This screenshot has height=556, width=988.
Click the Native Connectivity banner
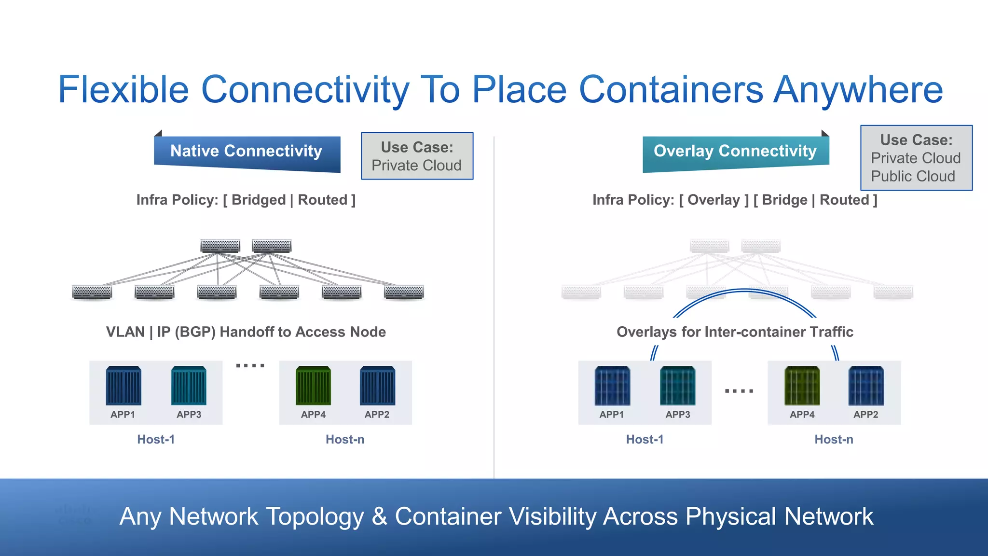247,152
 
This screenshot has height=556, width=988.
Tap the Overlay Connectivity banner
735,152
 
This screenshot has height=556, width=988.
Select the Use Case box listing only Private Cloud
417,156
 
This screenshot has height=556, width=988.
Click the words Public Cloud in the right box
913,176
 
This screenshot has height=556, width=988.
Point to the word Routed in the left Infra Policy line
323,200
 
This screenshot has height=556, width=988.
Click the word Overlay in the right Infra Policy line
714,200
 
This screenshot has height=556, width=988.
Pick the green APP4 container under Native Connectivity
314,386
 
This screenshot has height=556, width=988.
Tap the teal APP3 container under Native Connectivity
189,386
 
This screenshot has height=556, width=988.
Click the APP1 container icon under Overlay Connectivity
612,386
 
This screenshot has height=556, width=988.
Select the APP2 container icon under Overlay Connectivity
866,386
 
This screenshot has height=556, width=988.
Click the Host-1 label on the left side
156,439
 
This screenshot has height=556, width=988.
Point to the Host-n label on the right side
834,439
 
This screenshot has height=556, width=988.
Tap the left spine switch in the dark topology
220,246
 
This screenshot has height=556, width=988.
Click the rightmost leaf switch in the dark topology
404,292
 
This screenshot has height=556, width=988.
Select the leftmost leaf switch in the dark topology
92,292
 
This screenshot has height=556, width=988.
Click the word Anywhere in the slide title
858,90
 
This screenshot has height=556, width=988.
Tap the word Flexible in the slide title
123,90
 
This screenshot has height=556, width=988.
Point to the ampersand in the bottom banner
380,516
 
